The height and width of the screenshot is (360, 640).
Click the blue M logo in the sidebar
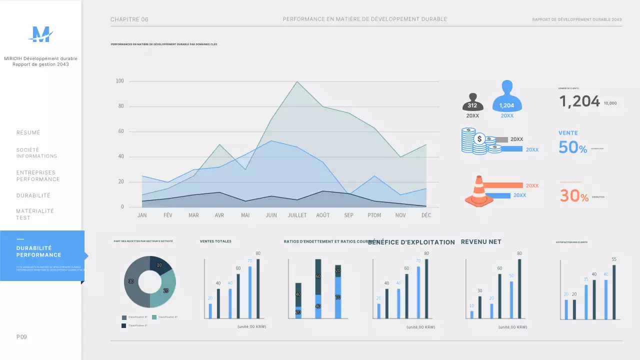click(x=40, y=34)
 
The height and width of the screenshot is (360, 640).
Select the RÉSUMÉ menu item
click(x=28, y=132)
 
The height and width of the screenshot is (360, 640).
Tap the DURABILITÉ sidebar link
click(x=33, y=195)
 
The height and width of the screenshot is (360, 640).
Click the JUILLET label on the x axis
click(x=297, y=215)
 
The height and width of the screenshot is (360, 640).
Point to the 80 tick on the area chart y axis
click(x=120, y=106)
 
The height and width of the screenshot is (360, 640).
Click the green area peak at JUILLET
click(x=297, y=82)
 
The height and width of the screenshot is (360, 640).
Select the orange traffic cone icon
click(x=479, y=191)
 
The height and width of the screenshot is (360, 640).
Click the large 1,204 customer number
click(x=579, y=101)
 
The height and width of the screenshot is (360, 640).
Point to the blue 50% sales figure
click(x=573, y=147)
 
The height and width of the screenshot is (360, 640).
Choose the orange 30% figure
click(x=574, y=195)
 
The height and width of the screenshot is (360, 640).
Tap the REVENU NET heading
click(x=480, y=241)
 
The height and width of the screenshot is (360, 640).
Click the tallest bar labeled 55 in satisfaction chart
click(x=614, y=291)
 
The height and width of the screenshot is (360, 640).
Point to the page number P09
click(x=21, y=337)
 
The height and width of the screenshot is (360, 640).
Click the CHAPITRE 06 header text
click(x=129, y=19)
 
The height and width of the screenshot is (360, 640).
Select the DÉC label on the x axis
click(x=426, y=215)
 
